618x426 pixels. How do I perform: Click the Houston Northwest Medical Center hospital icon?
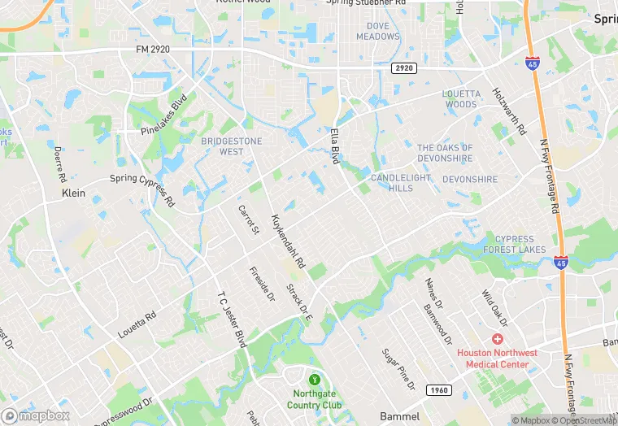click(x=497, y=338)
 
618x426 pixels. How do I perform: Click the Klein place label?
click(x=73, y=194)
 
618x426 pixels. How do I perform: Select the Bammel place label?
click(x=399, y=416)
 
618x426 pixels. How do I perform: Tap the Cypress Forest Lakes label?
click(x=526, y=245)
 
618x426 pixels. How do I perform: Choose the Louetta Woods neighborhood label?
click(x=460, y=99)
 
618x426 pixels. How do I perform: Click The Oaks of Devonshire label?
click(x=444, y=153)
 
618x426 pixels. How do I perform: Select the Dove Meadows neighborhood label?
click(x=377, y=31)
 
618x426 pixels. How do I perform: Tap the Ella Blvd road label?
click(x=334, y=146)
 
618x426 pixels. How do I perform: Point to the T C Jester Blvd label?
click(x=232, y=316)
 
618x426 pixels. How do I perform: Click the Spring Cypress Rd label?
click(x=142, y=189)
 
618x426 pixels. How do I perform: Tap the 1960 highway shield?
click(x=438, y=389)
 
